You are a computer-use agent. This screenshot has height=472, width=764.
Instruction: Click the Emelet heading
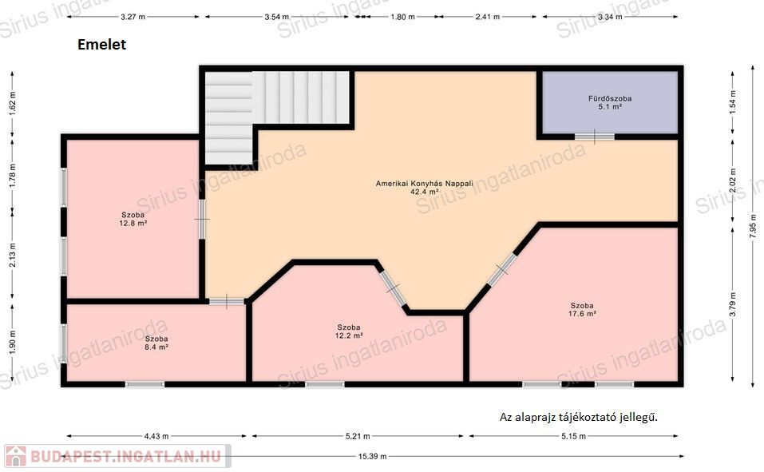[x=102, y=45]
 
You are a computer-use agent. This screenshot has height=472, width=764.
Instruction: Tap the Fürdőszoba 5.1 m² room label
[x=610, y=102]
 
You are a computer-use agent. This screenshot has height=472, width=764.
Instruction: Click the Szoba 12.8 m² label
[x=133, y=219]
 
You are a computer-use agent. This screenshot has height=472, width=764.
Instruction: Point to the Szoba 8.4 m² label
[x=156, y=343]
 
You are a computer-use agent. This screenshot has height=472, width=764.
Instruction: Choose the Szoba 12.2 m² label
[x=348, y=331]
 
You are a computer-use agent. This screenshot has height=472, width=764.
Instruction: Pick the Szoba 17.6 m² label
[x=582, y=310]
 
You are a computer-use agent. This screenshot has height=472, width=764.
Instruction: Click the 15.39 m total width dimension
[x=372, y=456]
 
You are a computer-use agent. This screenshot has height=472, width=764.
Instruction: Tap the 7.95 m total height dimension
[x=754, y=226]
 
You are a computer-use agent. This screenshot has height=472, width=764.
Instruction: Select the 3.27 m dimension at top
[x=133, y=17]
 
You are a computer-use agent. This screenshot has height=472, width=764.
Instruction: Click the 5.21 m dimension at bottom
[x=358, y=436]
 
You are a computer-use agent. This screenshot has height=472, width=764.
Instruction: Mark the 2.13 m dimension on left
[x=13, y=255]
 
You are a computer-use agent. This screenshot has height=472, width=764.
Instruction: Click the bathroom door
[x=595, y=137]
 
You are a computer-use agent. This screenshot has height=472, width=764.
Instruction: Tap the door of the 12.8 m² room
[x=202, y=219]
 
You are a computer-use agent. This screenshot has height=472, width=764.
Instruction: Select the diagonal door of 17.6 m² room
[x=502, y=268]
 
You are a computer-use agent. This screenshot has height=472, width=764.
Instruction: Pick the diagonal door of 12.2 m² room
[x=393, y=288]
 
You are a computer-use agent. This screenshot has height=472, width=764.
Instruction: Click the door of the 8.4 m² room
[x=227, y=302]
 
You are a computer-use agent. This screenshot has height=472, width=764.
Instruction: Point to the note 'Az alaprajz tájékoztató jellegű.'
[x=578, y=417]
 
